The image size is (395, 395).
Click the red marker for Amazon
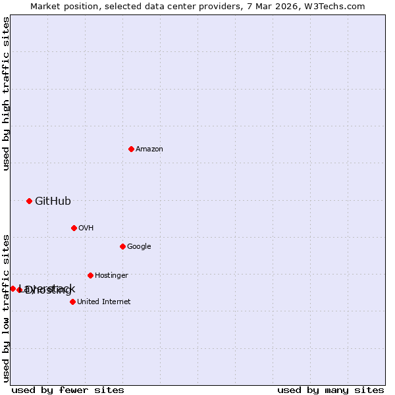[x=131, y=149]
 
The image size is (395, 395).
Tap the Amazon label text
[x=149, y=149]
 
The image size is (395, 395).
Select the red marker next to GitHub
[x=29, y=201]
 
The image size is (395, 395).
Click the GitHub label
[x=53, y=201]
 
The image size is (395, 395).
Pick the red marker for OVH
[x=74, y=228]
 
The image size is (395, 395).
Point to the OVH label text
[x=86, y=228]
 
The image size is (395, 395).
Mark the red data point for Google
[x=122, y=246]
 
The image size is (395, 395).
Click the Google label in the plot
[x=139, y=247]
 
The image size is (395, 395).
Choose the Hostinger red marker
[x=90, y=275]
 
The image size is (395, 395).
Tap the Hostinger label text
[x=111, y=276]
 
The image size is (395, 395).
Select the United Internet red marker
[x=72, y=302]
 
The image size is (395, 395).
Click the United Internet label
[x=104, y=302]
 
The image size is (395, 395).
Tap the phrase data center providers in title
[x=196, y=6]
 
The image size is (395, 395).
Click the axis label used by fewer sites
[x=68, y=390]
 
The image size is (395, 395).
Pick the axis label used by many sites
[x=330, y=390]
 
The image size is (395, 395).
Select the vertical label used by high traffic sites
[x=6, y=93]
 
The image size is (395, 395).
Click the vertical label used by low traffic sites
[x=6, y=307]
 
